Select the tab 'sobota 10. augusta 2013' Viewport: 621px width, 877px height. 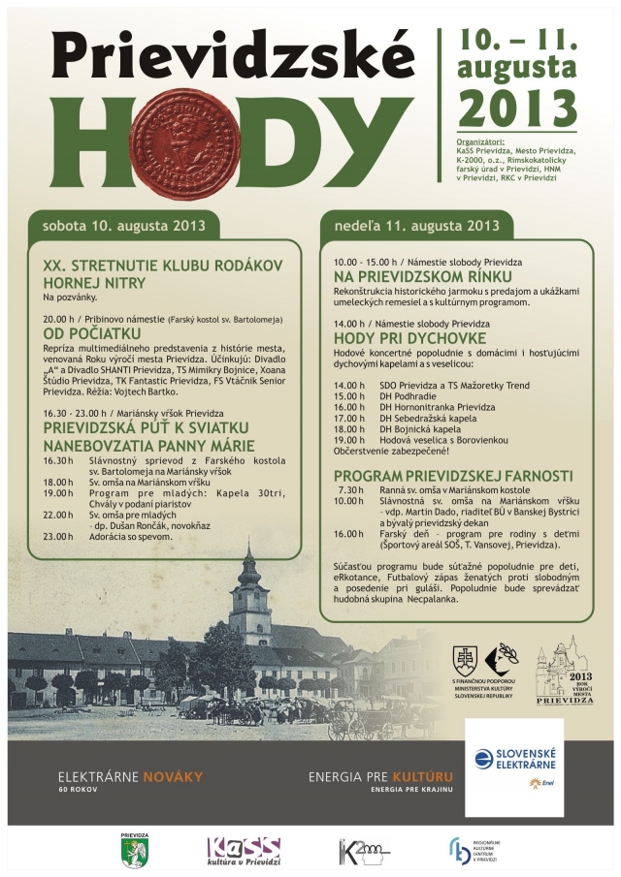pos(123,226)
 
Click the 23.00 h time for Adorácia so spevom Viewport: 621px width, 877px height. pos(57,536)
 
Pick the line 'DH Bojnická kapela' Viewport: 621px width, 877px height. pos(419,425)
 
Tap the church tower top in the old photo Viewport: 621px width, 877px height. pos(249,554)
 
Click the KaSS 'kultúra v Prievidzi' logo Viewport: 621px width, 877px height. pos(243,850)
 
